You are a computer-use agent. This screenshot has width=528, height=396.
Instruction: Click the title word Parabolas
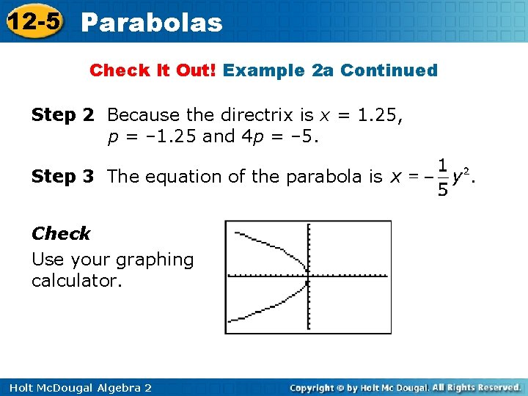tap(152, 23)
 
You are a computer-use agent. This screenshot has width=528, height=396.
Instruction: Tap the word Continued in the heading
tap(389, 70)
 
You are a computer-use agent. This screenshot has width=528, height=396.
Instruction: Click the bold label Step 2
tap(63, 115)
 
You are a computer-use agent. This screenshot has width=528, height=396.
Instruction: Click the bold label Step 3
tap(63, 177)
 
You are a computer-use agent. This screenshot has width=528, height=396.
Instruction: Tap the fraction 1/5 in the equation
tap(442, 177)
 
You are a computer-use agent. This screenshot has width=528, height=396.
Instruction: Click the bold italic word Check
tap(61, 234)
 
